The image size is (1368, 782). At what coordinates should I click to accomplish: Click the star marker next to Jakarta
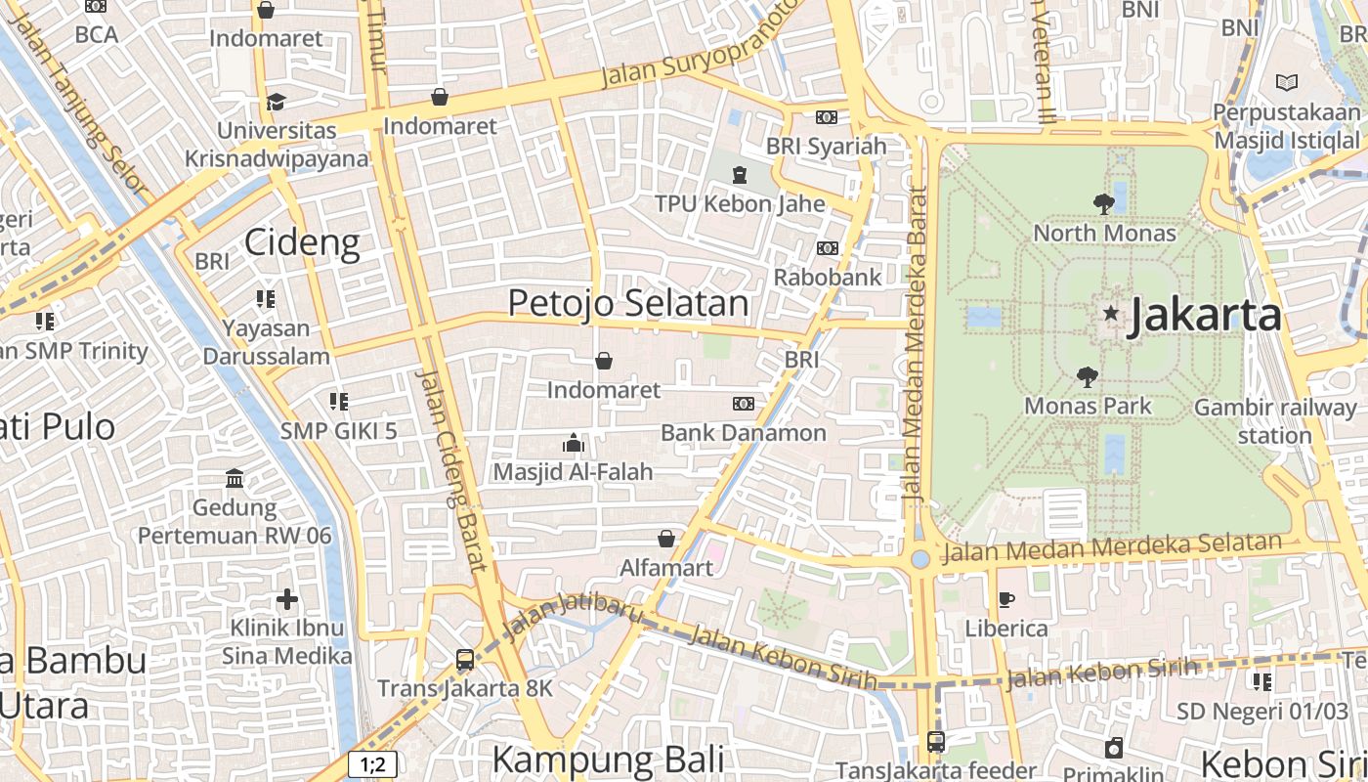click(x=1110, y=313)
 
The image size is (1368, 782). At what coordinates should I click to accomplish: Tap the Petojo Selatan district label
click(x=628, y=303)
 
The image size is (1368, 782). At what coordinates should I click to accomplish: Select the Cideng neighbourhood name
click(x=302, y=241)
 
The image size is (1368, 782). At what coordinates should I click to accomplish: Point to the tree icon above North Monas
click(x=1104, y=204)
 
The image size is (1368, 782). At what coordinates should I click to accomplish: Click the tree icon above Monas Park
click(x=1087, y=377)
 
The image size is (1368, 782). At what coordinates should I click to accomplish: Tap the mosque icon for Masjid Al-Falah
click(x=574, y=444)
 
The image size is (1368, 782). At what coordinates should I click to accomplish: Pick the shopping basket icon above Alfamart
click(x=666, y=539)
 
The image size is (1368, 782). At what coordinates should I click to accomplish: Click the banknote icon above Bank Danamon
click(x=744, y=404)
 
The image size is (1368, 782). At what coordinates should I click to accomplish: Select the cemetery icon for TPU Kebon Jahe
click(x=740, y=175)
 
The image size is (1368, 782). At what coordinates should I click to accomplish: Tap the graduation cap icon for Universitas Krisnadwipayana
click(x=277, y=102)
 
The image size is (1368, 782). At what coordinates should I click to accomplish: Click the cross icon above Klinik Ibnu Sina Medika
click(x=287, y=598)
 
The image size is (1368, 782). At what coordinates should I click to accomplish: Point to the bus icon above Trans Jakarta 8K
click(x=465, y=660)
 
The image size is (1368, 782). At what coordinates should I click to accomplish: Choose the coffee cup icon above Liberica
click(x=1006, y=599)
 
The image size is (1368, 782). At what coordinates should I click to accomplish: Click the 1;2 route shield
click(x=373, y=764)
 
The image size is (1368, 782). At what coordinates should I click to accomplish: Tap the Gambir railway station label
click(x=1275, y=421)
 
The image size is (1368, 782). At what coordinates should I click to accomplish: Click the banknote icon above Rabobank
click(x=828, y=248)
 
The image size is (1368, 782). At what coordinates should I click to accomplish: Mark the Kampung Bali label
click(x=608, y=760)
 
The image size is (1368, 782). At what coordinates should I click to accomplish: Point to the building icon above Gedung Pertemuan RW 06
click(x=235, y=479)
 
